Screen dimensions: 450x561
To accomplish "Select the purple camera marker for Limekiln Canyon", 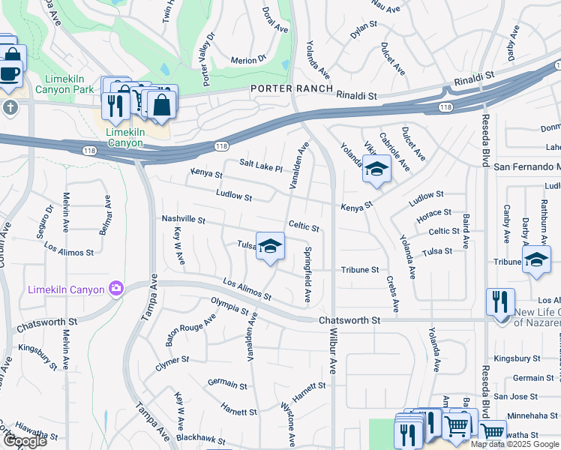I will [116, 288].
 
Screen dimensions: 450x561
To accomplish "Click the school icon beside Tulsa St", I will [270, 245].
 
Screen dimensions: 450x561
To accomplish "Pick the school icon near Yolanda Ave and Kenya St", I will [376, 169].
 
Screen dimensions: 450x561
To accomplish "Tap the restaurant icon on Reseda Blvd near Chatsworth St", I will [500, 302].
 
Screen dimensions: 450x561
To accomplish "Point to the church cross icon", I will [10, 106].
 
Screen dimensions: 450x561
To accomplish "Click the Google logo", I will [25, 441].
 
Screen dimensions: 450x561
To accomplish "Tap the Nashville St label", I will [183, 219].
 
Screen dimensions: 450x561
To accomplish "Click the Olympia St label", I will [229, 307].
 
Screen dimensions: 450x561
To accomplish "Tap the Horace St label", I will [436, 215].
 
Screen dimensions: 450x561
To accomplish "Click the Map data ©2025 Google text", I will [514, 444].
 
